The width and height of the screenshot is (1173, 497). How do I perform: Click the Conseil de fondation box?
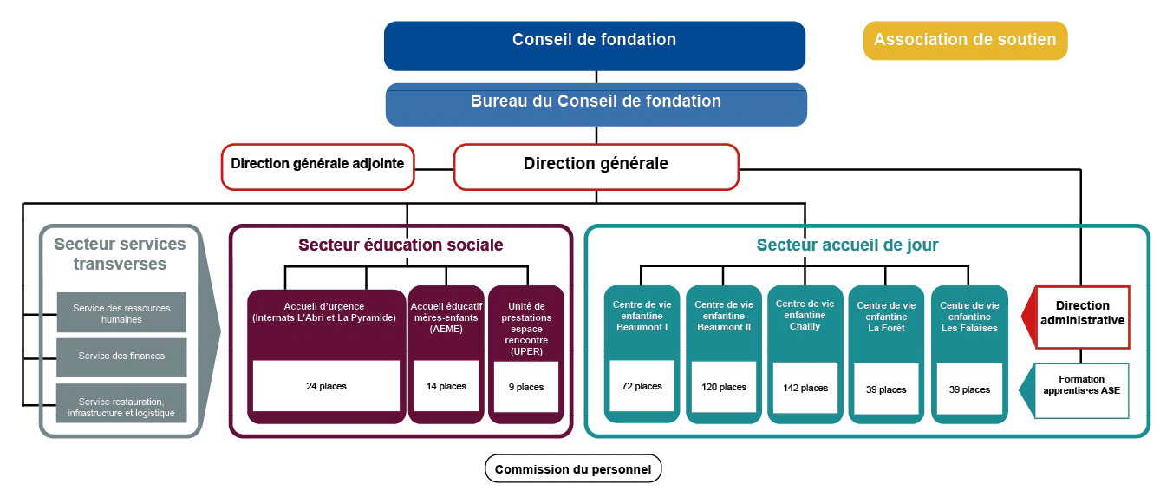click(x=595, y=46)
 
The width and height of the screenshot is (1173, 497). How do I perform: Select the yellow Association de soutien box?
click(x=965, y=40)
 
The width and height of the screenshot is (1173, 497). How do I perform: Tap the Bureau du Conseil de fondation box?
click(x=596, y=105)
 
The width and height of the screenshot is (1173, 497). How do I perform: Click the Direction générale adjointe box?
click(x=318, y=167)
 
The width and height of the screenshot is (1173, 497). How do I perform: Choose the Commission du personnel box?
click(x=573, y=468)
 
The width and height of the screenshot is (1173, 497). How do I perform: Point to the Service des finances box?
click(x=121, y=357)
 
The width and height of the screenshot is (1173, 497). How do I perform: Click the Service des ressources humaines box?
click(x=121, y=312)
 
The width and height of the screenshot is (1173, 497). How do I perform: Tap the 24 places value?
click(x=326, y=386)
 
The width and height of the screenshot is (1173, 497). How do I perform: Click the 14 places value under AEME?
click(x=446, y=386)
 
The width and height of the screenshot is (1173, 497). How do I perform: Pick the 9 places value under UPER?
click(x=526, y=387)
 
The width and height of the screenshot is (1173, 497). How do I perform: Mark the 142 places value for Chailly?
click(x=805, y=388)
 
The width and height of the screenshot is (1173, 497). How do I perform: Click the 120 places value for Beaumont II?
click(x=724, y=387)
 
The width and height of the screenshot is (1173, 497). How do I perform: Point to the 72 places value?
click(x=642, y=386)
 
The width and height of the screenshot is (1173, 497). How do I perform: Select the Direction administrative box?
click(x=1082, y=317)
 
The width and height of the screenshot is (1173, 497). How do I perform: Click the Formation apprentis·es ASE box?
click(x=1081, y=390)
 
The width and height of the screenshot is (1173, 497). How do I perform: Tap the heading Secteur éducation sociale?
click(x=401, y=245)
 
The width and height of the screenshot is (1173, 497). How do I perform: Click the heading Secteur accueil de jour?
click(x=847, y=245)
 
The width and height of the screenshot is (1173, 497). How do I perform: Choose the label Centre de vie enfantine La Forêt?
click(x=886, y=317)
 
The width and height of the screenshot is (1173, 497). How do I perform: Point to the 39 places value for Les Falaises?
click(x=969, y=389)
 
